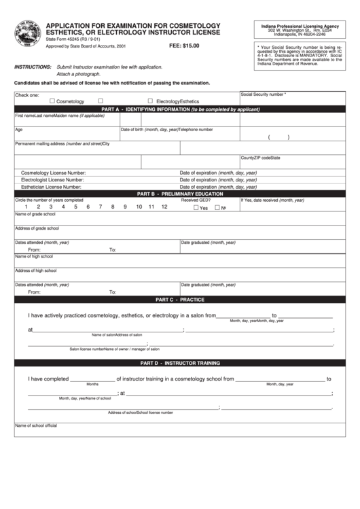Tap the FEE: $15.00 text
(183, 45)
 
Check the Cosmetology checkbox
(52, 101)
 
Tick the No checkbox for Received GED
(217, 208)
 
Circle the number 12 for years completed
(164, 207)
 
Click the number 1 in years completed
(26, 207)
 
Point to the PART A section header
(180, 109)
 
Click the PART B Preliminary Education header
(180, 194)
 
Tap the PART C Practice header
(180, 299)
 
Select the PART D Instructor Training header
(180, 364)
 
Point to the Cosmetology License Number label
(54, 173)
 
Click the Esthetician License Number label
(52, 186)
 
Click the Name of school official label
(36, 426)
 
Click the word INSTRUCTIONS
(33, 68)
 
